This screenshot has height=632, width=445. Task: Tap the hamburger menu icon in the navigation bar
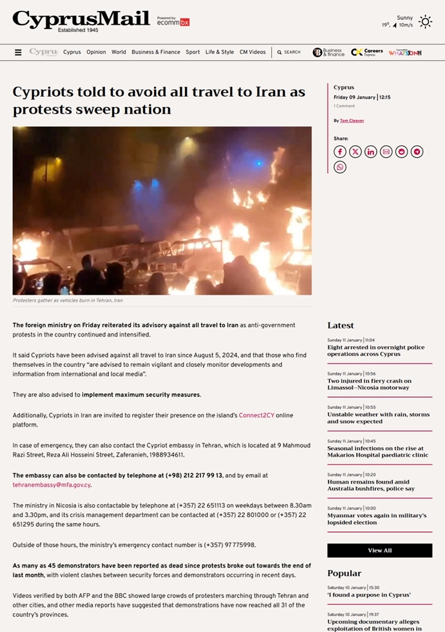point(18,52)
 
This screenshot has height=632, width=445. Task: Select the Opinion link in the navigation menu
point(96,52)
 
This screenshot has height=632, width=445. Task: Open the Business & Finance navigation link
point(155,52)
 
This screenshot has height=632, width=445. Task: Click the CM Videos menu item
point(252,52)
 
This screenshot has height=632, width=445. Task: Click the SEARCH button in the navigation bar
point(289,52)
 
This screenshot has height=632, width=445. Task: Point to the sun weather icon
point(425,22)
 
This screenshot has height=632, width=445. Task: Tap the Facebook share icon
point(340,152)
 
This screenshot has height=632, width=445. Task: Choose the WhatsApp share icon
point(340,167)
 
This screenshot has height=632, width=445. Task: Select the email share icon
point(386,152)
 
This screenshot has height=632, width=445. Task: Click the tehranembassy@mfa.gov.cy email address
point(52,485)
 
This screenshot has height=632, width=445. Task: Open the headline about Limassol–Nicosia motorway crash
point(369,384)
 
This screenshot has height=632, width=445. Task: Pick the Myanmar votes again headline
point(376,519)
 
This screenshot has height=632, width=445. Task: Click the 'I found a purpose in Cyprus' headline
point(368,595)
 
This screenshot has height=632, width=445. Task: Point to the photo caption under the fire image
point(68,301)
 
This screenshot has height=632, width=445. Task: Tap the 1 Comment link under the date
point(344,106)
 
